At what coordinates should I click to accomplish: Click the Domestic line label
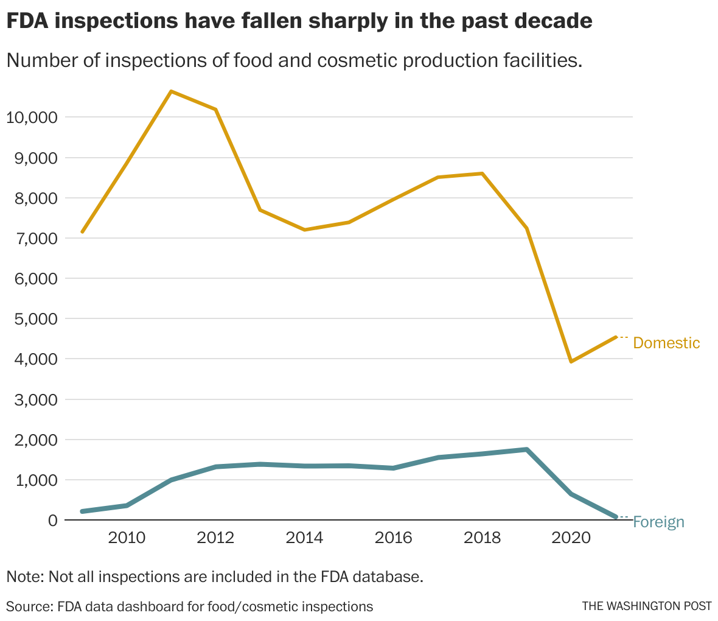tap(666, 343)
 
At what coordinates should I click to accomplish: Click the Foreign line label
tap(658, 522)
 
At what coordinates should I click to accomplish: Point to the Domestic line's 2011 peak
tap(172, 91)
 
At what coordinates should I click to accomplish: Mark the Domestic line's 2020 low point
tap(571, 362)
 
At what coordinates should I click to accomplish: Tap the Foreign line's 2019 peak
tap(526, 449)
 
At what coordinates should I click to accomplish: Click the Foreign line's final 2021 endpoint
tap(616, 517)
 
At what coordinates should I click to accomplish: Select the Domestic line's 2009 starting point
tap(82, 232)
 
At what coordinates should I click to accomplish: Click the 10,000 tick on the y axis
tap(31, 117)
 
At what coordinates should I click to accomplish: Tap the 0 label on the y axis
tap(53, 520)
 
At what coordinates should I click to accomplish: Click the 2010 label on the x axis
tap(127, 538)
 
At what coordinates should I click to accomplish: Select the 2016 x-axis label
tap(393, 538)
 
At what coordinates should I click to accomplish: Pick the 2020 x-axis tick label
tap(571, 538)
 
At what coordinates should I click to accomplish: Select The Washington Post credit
tap(647, 606)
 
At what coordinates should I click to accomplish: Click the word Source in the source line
tap(29, 606)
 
